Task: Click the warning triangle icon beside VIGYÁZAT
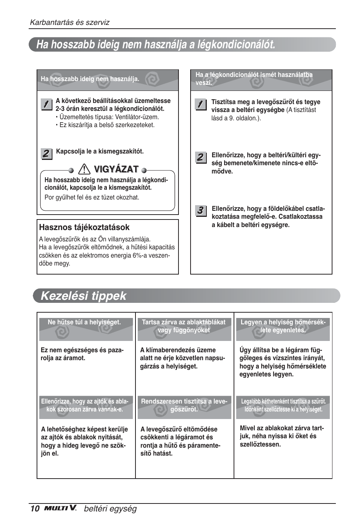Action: (85, 169)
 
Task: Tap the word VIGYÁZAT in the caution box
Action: (116, 169)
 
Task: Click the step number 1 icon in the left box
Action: (46, 104)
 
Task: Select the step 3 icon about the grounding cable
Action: (200, 211)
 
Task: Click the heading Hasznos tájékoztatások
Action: (84, 227)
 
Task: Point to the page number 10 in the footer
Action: (35, 509)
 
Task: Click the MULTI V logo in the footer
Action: (60, 508)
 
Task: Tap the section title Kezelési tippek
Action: (83, 296)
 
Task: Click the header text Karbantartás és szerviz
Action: (69, 22)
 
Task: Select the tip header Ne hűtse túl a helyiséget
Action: (84, 322)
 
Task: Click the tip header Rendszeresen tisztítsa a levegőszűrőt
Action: (184, 405)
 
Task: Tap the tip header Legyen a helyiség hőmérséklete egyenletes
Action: (283, 326)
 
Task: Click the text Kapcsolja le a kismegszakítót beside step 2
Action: (100, 152)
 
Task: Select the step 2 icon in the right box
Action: (200, 157)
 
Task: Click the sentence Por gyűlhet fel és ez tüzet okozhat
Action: (92, 197)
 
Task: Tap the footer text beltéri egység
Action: (110, 509)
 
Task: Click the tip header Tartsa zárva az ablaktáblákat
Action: (184, 326)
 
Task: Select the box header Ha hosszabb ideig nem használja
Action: (90, 79)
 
